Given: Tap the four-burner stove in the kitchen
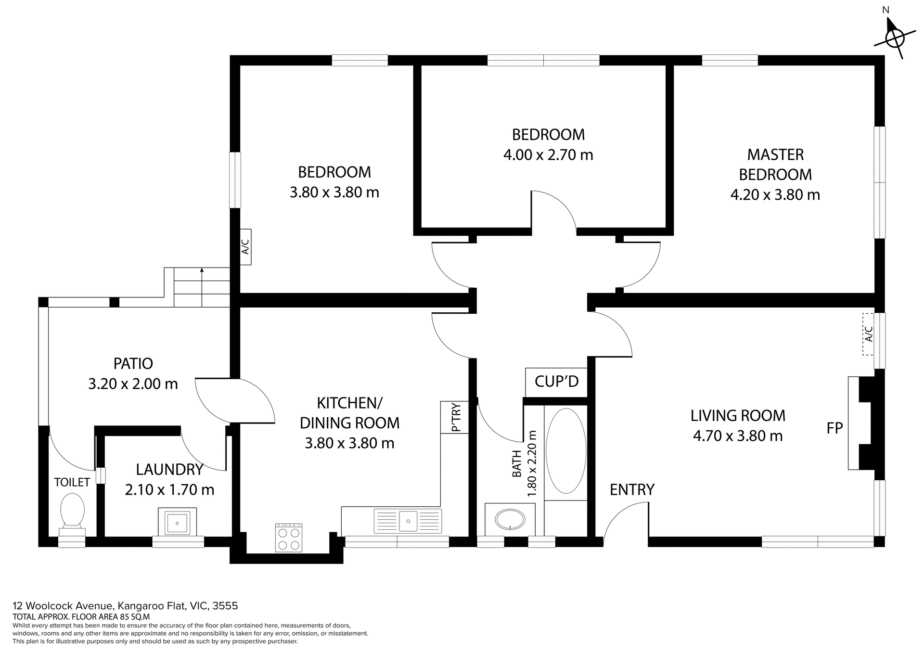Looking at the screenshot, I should point(289,538).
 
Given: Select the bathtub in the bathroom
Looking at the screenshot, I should point(566,451).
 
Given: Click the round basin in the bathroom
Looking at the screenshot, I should point(510,520).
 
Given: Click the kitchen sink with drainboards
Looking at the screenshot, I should point(408,521).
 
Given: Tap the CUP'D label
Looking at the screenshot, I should point(556,382).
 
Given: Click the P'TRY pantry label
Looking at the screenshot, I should point(455,417).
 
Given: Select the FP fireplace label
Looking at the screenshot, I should point(834,428).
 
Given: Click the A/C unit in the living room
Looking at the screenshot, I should point(868,334).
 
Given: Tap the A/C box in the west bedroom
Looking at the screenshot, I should point(245,247).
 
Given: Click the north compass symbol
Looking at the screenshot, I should point(894,38).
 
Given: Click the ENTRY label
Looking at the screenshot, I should point(631,489).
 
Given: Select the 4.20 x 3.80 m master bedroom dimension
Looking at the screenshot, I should point(775,195).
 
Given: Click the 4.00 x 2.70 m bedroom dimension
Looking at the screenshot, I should point(548,155).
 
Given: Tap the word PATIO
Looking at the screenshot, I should point(133,363).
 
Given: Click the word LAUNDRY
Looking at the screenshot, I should point(169,469).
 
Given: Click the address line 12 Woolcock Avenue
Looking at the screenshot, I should point(125,605).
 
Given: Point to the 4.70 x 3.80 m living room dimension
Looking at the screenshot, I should point(737,436).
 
